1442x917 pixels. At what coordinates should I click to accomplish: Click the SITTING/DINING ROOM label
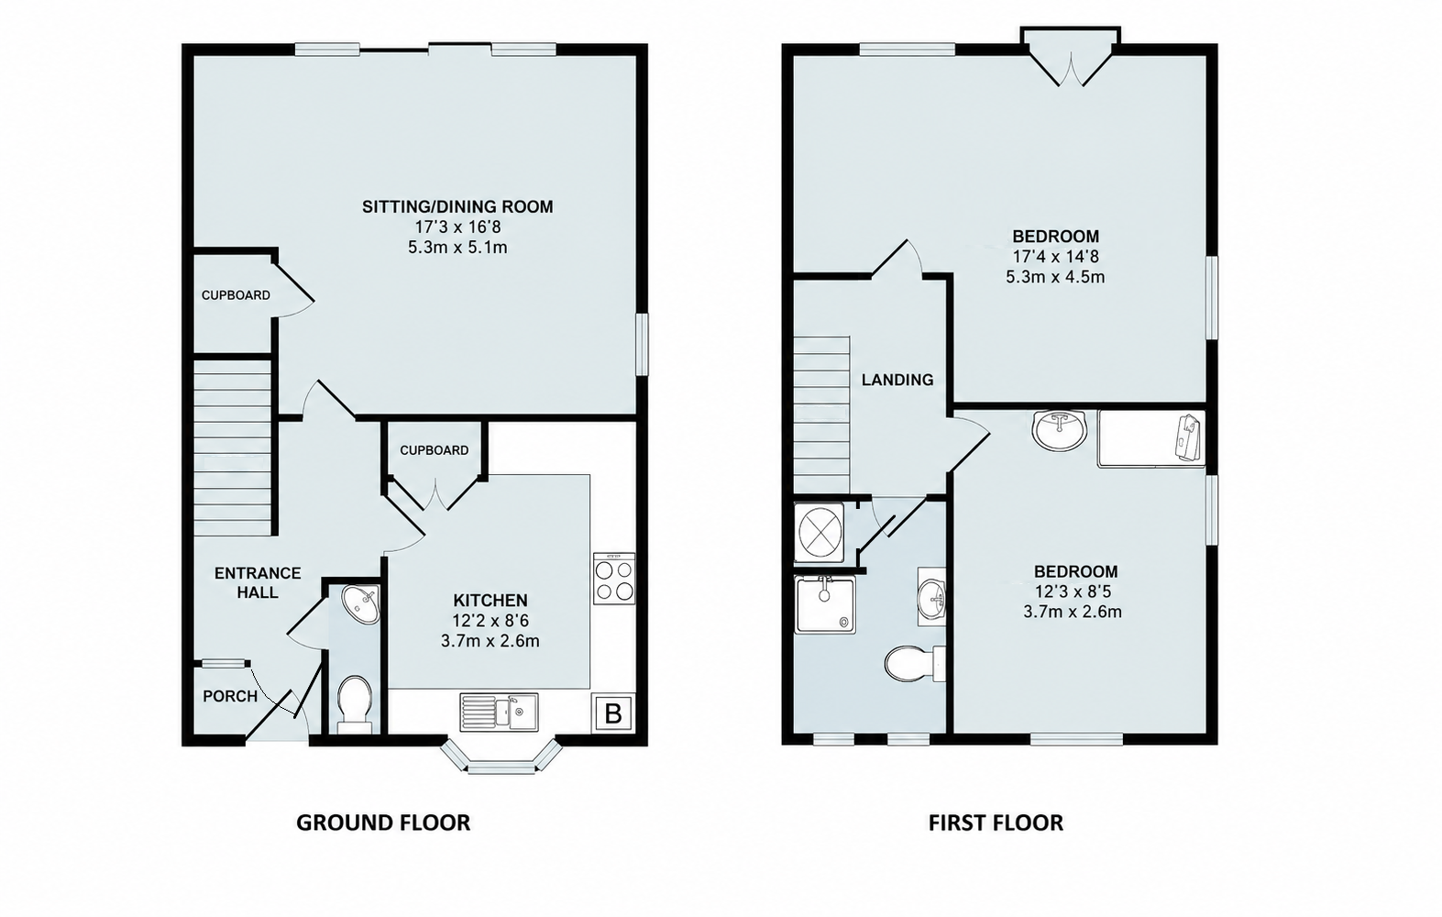pyautogui.click(x=457, y=206)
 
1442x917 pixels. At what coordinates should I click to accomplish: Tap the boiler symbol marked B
pyautogui.click(x=613, y=713)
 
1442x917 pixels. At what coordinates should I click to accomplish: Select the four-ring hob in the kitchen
pyautogui.click(x=614, y=578)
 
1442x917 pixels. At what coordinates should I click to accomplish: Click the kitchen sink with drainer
pyautogui.click(x=499, y=712)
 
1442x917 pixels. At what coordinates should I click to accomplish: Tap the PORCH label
pyautogui.click(x=230, y=696)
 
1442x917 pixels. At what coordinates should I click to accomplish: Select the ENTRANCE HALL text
pyautogui.click(x=258, y=583)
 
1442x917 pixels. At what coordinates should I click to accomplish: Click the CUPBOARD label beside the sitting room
pyautogui.click(x=236, y=295)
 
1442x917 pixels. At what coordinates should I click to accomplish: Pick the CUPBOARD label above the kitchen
pyautogui.click(x=434, y=450)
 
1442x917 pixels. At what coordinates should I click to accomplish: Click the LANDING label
pyautogui.click(x=897, y=380)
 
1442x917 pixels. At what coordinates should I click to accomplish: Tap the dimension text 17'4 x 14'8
pyautogui.click(x=1056, y=256)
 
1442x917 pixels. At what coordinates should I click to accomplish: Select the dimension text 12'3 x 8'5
pyautogui.click(x=1073, y=591)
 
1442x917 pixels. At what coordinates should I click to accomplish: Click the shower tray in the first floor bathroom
pyautogui.click(x=826, y=605)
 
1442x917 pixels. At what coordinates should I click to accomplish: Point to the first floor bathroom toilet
pyautogui.click(x=915, y=663)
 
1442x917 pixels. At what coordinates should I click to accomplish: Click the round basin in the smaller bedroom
pyautogui.click(x=1059, y=429)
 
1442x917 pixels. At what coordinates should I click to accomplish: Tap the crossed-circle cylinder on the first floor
pyautogui.click(x=820, y=533)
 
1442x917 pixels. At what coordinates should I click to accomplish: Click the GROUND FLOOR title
pyautogui.click(x=383, y=823)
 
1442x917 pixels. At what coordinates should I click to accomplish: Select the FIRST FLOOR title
pyautogui.click(x=996, y=823)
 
